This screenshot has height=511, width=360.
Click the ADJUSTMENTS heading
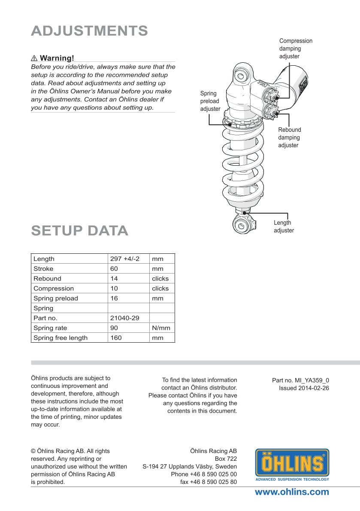(89, 31)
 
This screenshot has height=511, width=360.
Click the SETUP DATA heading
(79, 231)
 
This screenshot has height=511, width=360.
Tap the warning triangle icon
(34, 58)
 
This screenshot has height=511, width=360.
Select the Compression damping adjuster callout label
(296, 49)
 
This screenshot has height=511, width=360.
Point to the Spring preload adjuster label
(210, 101)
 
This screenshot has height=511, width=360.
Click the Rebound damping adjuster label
(289, 137)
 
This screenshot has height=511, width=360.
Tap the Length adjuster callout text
(284, 227)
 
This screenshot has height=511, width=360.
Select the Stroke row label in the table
(44, 269)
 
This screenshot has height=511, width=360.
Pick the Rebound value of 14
(114, 279)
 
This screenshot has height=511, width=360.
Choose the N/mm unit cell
(161, 328)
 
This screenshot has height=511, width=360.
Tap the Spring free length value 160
(116, 338)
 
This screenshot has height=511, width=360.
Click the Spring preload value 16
(114, 298)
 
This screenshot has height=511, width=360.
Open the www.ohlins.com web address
(292, 492)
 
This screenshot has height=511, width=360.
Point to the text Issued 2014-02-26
(304, 388)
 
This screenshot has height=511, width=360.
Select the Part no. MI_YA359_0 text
(300, 380)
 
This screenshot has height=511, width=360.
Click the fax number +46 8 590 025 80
(209, 482)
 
